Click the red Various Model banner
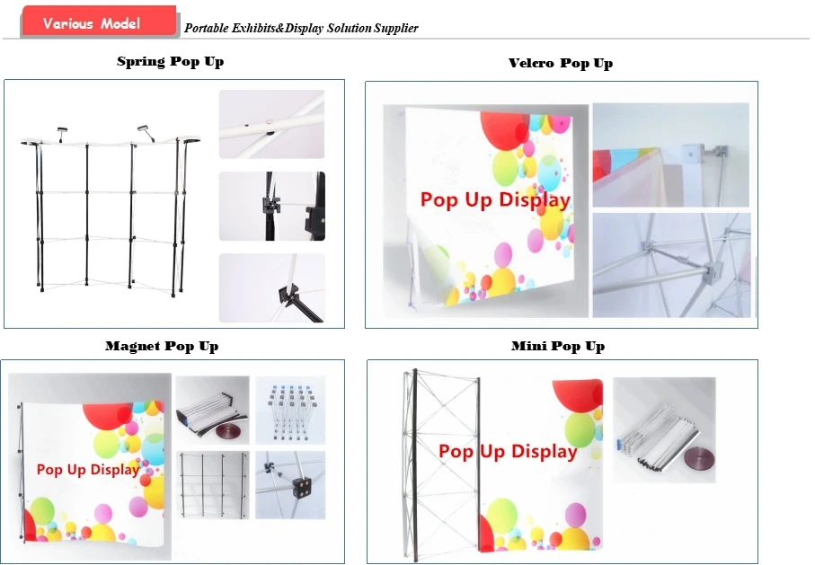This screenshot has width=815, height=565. [98, 22]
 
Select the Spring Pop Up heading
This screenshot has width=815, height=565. [171, 62]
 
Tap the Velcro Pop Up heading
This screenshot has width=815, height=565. [561, 64]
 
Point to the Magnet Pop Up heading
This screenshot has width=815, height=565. [162, 346]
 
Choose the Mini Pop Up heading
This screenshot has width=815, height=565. [558, 346]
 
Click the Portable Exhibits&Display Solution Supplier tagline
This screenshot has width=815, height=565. [301, 28]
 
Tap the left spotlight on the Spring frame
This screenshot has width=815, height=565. [62, 134]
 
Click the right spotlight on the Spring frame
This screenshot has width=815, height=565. [146, 132]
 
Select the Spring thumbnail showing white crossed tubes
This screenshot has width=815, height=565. [271, 124]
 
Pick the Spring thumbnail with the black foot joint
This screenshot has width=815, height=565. [271, 288]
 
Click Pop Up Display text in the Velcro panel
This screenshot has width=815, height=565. [495, 200]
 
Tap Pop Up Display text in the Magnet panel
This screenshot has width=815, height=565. [88, 470]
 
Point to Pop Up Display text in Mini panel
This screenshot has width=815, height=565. [508, 452]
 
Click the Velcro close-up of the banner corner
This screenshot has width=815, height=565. [670, 154]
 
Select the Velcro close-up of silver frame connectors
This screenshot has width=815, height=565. [671, 265]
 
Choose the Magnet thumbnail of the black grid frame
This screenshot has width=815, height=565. [213, 485]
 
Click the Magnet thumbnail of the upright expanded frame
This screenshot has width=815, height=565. [290, 411]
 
